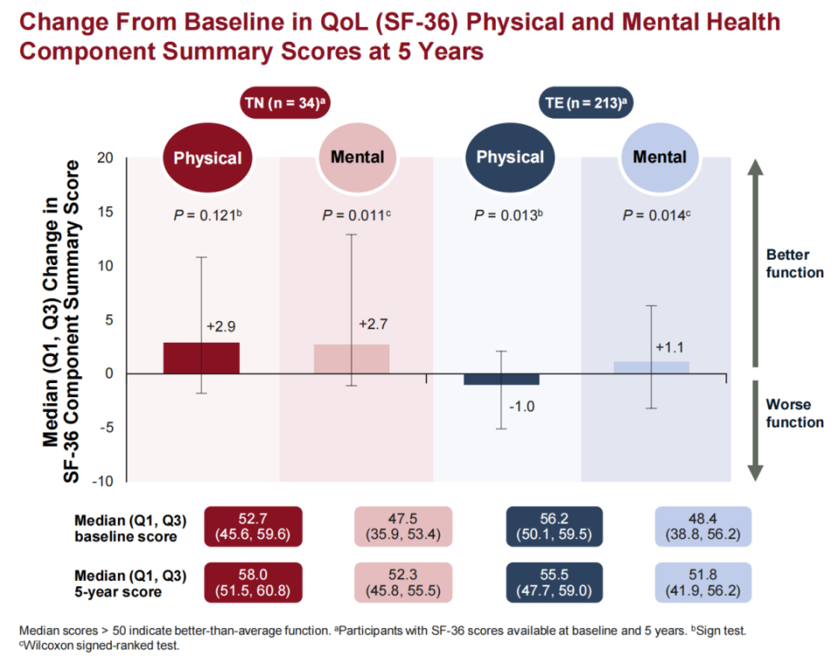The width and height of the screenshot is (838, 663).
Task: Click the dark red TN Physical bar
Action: (x=201, y=358)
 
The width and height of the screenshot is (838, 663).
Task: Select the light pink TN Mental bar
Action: (x=352, y=359)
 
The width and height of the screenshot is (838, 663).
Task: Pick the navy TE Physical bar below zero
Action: (x=502, y=379)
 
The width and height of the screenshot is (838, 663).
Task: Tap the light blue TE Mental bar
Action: (x=651, y=367)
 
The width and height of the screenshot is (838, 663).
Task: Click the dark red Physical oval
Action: (x=208, y=158)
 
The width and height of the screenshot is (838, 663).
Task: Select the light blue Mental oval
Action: (x=659, y=158)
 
